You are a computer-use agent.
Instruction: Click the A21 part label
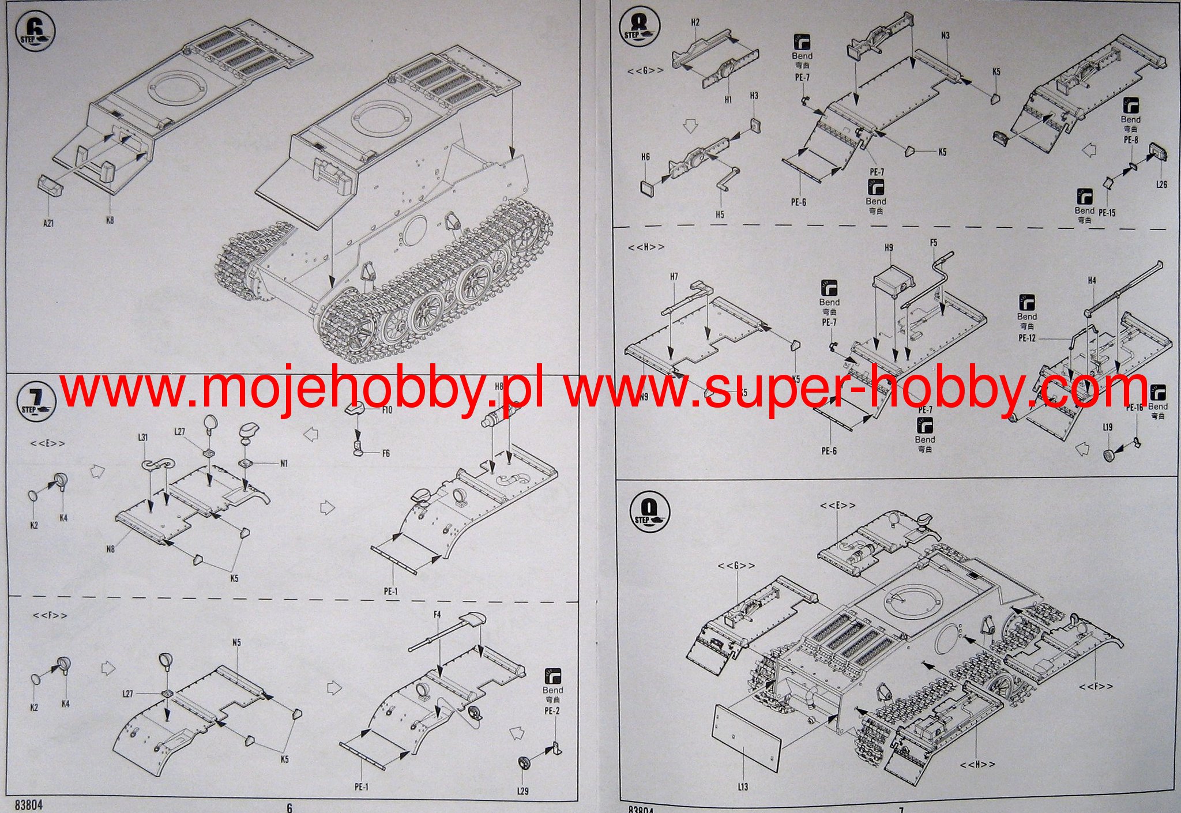(48, 223)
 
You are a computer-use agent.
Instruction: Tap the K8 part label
(110, 220)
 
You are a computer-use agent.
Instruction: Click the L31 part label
(142, 438)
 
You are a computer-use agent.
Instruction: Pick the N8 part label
(110, 549)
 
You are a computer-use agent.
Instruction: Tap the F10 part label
(386, 410)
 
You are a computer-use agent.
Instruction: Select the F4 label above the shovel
(437, 615)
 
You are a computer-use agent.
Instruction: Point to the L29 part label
(522, 791)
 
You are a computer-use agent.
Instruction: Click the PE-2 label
(552, 711)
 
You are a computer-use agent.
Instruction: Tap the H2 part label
(695, 22)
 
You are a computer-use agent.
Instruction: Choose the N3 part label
(945, 35)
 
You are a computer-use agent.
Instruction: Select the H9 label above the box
(889, 248)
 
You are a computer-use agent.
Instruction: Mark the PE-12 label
(1027, 338)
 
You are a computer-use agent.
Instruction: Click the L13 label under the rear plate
(742, 786)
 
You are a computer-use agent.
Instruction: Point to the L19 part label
(1107, 427)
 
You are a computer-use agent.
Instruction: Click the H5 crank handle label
(720, 214)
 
